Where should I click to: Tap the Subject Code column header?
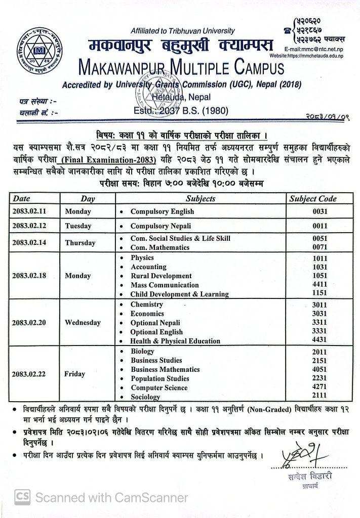pos(312,199)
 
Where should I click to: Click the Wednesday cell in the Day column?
pos(83,323)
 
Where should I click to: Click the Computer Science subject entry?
pos(159,387)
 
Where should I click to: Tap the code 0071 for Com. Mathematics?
pos(319,247)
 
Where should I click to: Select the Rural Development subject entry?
pos(161,276)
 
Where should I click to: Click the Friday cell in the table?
pos(75,374)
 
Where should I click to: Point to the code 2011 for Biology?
pos(319,352)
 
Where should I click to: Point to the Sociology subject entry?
pos(145,397)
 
